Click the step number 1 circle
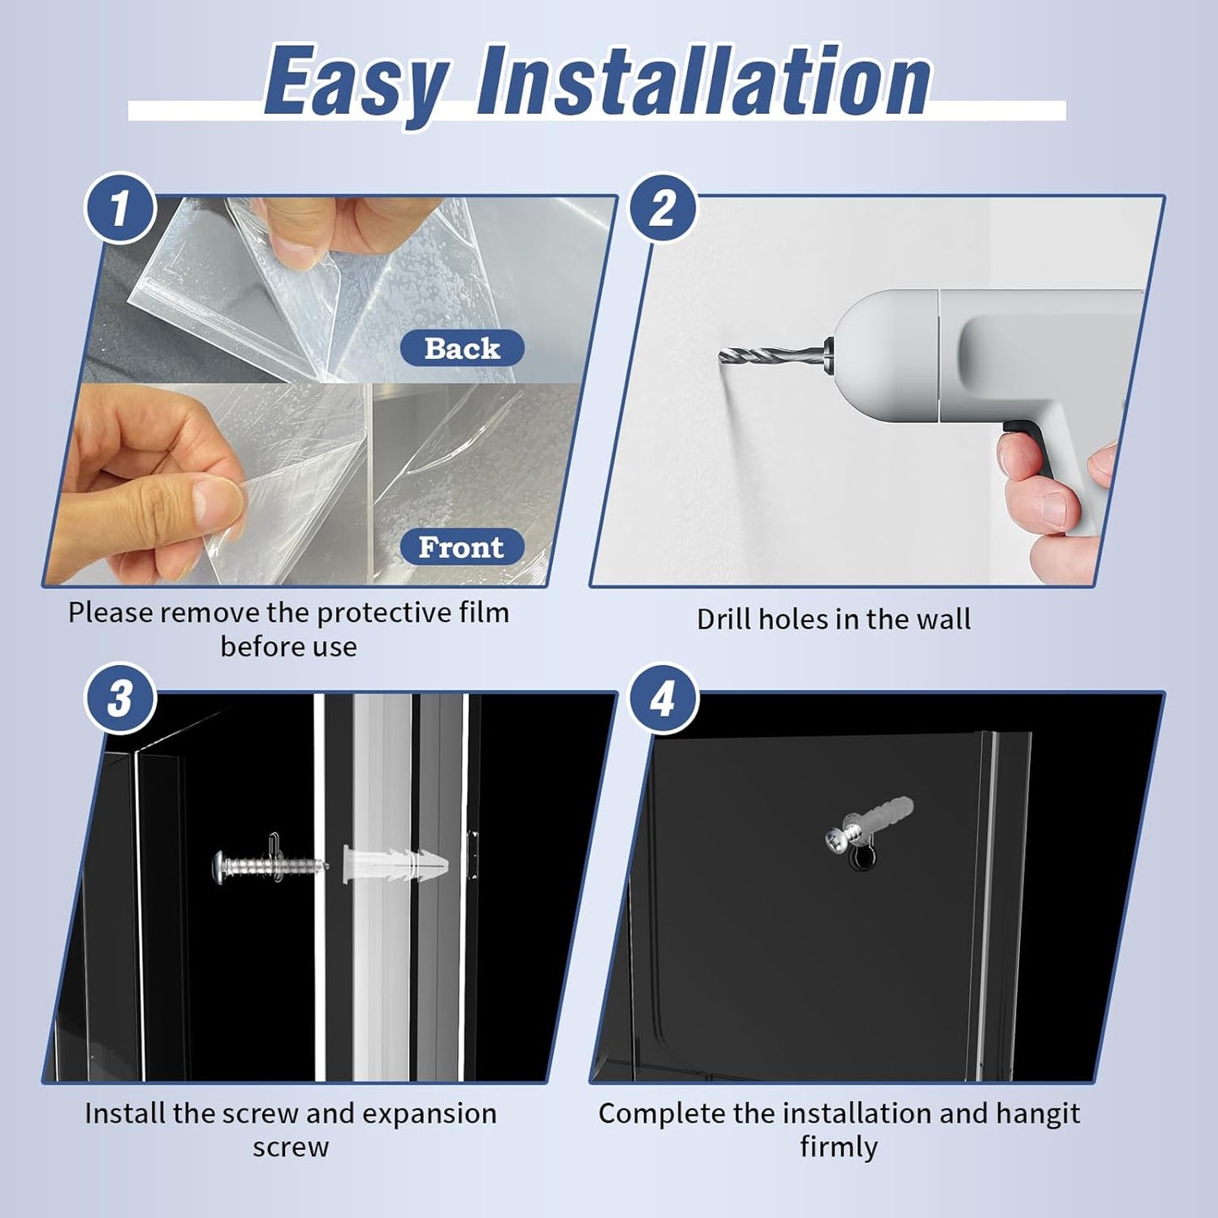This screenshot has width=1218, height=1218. pyautogui.click(x=120, y=208)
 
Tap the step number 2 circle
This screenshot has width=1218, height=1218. pyautogui.click(x=662, y=208)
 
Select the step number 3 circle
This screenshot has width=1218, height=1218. pyautogui.click(x=120, y=699)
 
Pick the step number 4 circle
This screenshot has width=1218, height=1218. pyautogui.click(x=662, y=699)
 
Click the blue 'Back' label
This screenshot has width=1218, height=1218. pyautogui.click(x=462, y=348)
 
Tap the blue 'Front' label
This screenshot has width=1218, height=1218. pyautogui.click(x=462, y=547)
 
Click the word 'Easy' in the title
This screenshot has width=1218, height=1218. pyautogui.click(x=357, y=85)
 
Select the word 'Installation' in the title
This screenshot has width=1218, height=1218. pyautogui.click(x=704, y=81)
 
